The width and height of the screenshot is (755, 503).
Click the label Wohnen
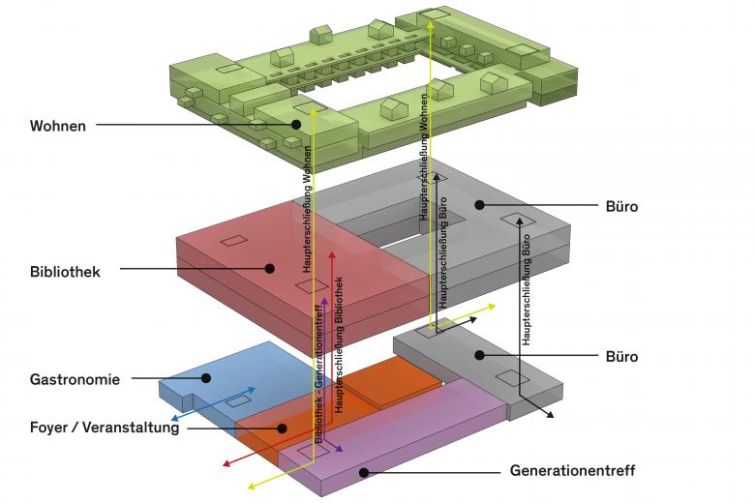coord(58,126)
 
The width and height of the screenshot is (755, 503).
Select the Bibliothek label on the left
coord(65,272)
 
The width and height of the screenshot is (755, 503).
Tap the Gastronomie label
coord(75,380)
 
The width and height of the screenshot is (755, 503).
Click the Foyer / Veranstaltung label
coord(105,428)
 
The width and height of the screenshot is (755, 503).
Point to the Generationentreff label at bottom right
coord(572,472)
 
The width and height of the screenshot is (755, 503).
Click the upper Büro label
coord(620,207)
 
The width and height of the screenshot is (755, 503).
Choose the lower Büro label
coord(620,357)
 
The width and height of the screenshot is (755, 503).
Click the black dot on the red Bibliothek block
coord(270,269)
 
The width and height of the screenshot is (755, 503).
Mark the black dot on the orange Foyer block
coord(282,428)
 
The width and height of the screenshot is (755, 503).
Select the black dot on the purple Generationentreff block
coord(363,472)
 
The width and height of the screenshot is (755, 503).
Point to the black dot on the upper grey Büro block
coord(479,205)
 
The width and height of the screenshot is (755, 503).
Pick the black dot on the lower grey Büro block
coord(478,356)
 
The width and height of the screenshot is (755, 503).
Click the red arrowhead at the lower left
coord(226,464)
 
